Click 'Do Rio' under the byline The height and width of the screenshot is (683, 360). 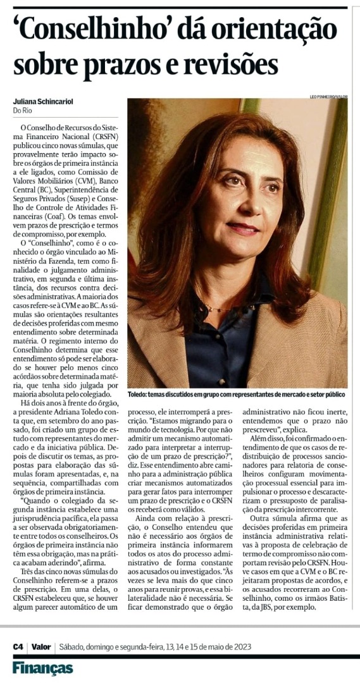(22, 111)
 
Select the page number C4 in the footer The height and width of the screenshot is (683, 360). (18, 647)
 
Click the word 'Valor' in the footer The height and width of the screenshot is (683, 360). (42, 647)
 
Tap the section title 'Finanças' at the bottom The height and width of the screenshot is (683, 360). (42, 668)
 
